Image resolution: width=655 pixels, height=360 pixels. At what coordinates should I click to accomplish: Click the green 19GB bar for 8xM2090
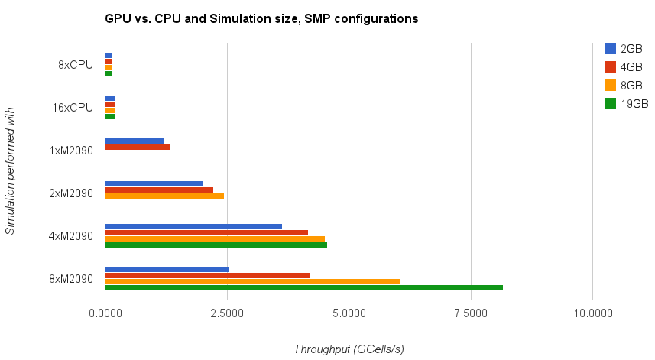coord(303,287)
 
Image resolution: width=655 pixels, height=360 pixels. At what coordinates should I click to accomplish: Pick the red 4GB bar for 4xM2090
coord(206,232)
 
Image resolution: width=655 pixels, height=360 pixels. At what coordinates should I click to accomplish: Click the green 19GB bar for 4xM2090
coord(216,245)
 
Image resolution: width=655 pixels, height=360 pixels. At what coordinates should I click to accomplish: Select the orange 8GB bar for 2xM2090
coord(164,196)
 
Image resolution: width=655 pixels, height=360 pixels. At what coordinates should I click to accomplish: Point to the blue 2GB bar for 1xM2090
coord(135,141)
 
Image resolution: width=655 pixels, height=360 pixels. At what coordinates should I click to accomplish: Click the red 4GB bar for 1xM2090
coord(137,147)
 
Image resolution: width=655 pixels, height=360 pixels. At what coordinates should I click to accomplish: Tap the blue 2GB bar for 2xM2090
coord(154,183)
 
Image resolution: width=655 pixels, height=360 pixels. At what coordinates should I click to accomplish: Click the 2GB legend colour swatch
coord(610,48)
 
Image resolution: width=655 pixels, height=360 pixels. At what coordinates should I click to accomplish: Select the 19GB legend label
coord(634,103)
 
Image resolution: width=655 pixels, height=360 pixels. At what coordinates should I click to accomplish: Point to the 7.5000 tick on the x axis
coord(471,313)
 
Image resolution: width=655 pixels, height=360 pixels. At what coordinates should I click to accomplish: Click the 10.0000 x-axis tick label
coord(593,313)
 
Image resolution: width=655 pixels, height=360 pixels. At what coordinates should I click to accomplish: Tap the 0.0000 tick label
coord(105,313)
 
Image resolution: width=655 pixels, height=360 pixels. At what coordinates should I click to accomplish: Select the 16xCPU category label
coord(73,107)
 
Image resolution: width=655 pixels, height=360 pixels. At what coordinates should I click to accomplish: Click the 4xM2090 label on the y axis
coord(70,235)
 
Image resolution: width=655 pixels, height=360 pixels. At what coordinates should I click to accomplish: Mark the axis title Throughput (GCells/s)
coord(349,349)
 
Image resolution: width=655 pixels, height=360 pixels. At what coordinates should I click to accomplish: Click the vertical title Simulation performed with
coord(10,171)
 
